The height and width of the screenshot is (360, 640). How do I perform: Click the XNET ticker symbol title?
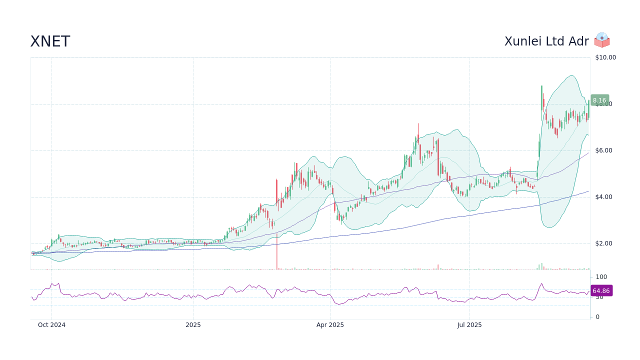click(x=50, y=41)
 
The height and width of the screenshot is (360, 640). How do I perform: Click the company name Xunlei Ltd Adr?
click(x=546, y=41)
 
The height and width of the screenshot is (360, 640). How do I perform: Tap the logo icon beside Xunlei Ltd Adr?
click(x=602, y=40)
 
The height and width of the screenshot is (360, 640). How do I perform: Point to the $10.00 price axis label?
click(x=605, y=57)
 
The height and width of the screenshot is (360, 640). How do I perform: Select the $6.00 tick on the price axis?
click(x=604, y=150)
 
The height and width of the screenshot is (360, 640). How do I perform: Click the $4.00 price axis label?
click(x=604, y=197)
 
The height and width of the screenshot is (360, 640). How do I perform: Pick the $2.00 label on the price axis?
click(x=604, y=243)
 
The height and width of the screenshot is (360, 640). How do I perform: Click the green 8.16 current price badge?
click(x=599, y=100)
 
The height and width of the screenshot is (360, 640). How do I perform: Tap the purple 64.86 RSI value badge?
click(x=601, y=290)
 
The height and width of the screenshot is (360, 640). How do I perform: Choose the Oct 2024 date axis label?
click(x=51, y=325)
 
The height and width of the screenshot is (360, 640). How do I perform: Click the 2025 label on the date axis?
click(x=193, y=325)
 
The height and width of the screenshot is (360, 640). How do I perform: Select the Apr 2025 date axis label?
click(x=330, y=325)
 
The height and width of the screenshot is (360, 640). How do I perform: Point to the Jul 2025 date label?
click(x=469, y=325)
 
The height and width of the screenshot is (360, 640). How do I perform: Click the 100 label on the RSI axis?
click(x=601, y=277)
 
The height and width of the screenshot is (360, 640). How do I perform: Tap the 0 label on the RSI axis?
click(x=597, y=317)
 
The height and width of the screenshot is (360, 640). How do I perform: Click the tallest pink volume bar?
click(x=276, y=251)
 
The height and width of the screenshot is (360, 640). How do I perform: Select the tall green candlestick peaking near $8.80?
click(x=541, y=97)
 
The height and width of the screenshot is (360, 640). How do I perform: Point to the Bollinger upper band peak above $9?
click(x=571, y=75)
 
